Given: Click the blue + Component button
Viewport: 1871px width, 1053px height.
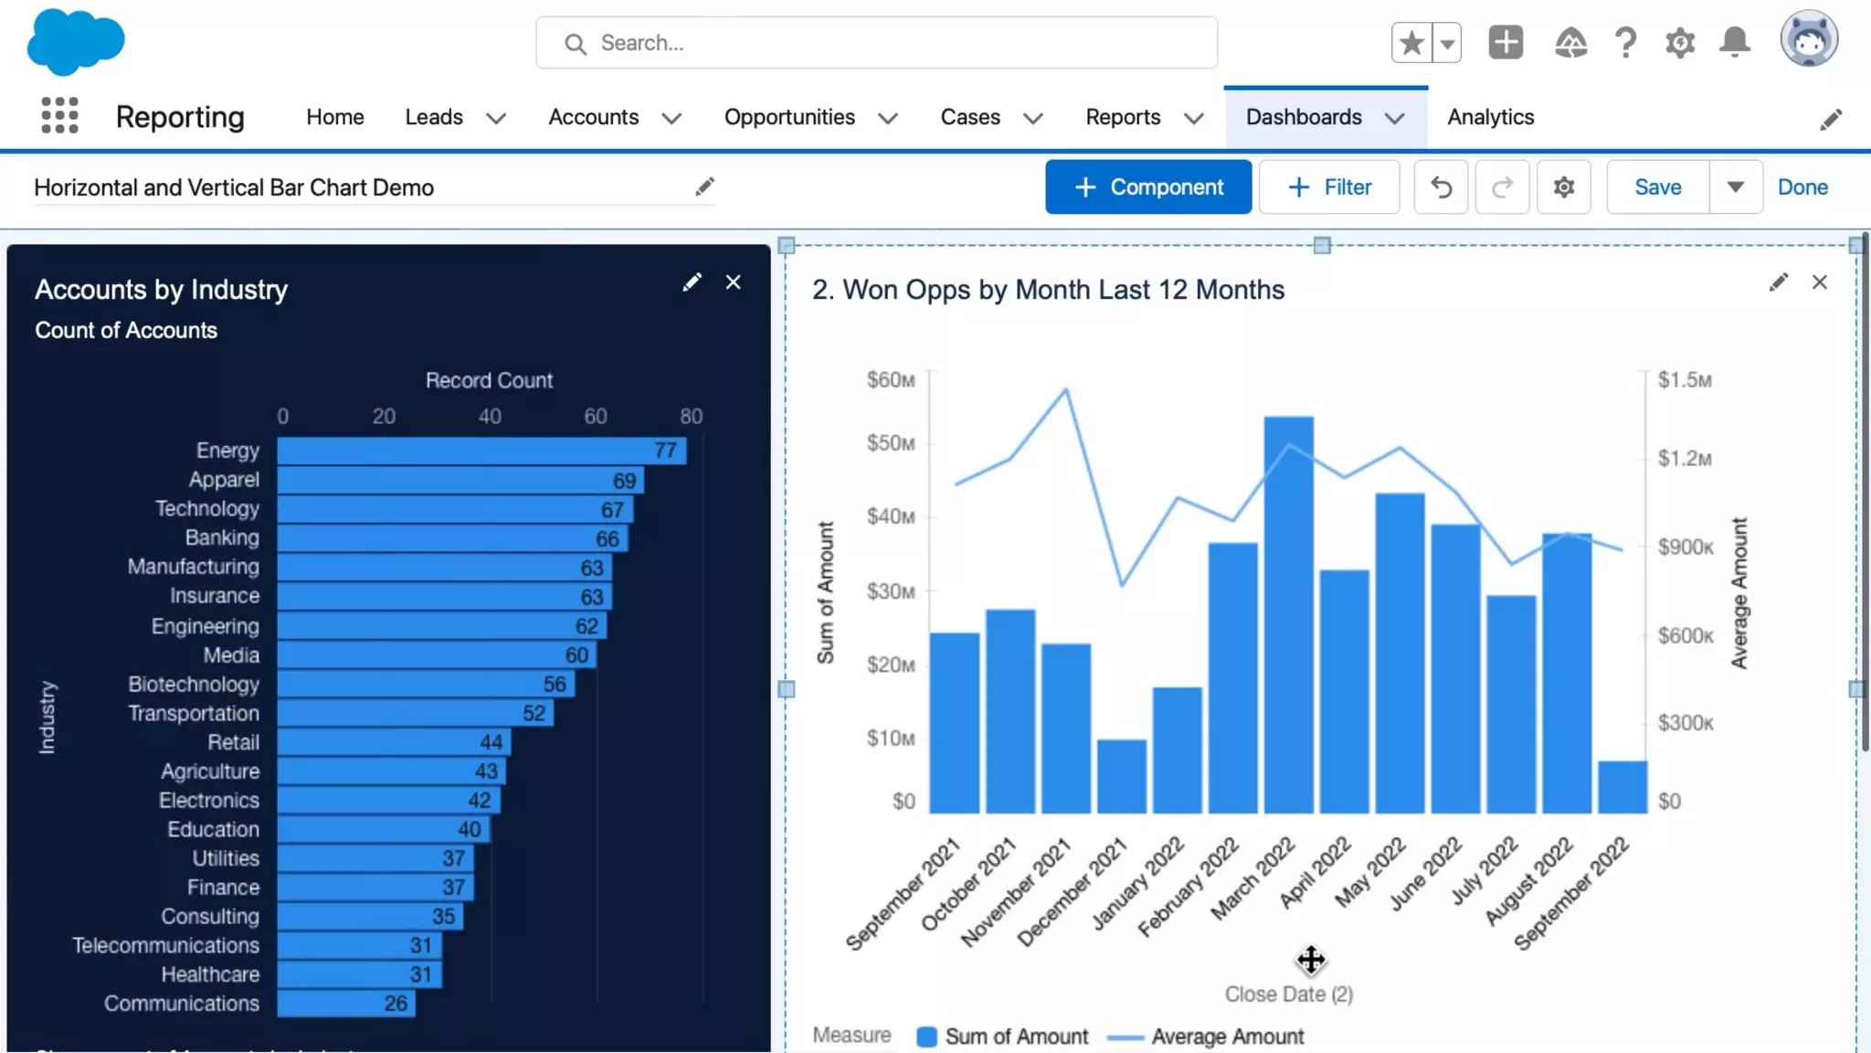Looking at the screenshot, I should [x=1147, y=187].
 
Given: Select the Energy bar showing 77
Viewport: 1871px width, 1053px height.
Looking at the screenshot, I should [x=481, y=451].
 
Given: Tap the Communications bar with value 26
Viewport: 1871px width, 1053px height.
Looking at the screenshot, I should [x=345, y=1004].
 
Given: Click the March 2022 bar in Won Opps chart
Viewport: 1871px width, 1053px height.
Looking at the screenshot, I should [x=1288, y=614].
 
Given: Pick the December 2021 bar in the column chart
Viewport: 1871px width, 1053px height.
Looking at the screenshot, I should [x=1121, y=776].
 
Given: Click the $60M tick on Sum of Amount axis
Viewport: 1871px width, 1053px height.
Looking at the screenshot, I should [x=891, y=379].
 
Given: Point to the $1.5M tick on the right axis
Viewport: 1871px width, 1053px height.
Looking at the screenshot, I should [x=1685, y=379].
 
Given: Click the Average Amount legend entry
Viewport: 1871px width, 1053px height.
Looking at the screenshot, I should [x=1227, y=1037].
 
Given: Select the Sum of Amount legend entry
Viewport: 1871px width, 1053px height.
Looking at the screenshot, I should [x=1015, y=1037].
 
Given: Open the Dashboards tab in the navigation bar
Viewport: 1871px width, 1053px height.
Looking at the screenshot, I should [x=1304, y=117].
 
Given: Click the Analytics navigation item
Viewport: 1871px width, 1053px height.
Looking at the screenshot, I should [x=1490, y=117].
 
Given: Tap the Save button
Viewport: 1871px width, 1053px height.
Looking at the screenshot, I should [x=1657, y=187].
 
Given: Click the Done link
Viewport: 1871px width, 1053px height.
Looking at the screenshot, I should [x=1802, y=187].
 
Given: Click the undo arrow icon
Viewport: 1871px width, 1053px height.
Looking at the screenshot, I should [x=1441, y=187].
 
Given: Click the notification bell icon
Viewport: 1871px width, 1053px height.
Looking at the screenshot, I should [x=1734, y=42].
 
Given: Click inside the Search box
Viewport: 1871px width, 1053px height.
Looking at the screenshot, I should [x=877, y=43].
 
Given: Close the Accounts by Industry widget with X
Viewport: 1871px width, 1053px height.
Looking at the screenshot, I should [x=733, y=282].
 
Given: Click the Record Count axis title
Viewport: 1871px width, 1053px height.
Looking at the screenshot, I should [x=489, y=380].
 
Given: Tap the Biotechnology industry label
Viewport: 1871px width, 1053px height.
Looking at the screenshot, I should [x=194, y=685].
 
